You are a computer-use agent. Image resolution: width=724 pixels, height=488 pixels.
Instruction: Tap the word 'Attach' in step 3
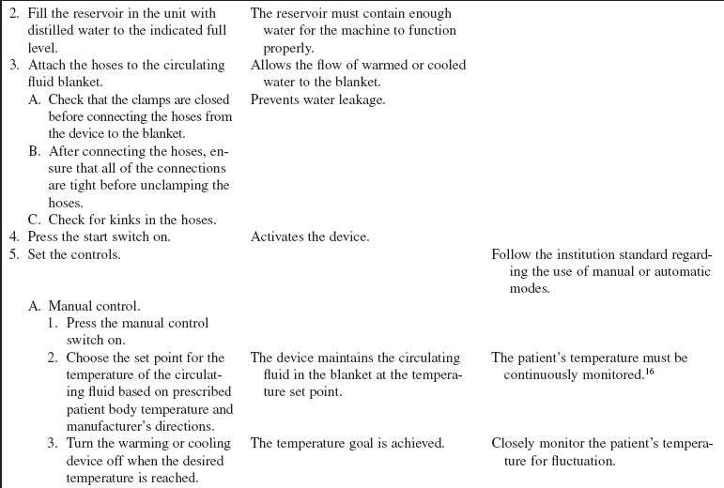tap(48, 65)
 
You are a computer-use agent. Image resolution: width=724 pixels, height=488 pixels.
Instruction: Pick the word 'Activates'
tap(281, 237)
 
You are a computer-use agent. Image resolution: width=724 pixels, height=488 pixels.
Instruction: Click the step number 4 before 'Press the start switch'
tap(15, 237)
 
